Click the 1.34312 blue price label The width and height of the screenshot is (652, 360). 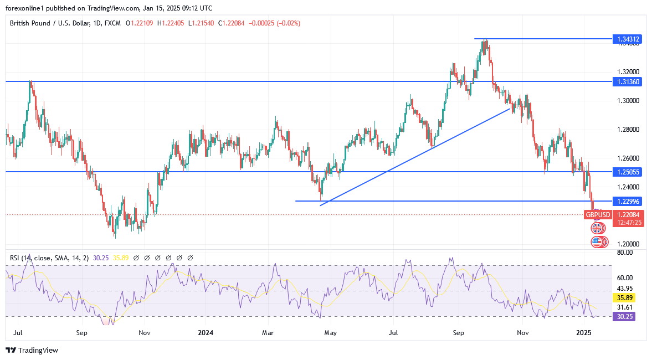628,39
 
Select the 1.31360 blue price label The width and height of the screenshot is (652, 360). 628,81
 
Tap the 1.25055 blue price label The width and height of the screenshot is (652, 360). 628,172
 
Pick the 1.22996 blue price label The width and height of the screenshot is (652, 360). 628,201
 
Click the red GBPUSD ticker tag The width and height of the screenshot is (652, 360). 598,215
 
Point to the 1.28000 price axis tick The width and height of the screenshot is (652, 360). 628,130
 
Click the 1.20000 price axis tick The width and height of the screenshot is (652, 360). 628,244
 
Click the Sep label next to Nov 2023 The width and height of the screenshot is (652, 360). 82,333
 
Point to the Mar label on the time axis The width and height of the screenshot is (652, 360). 268,333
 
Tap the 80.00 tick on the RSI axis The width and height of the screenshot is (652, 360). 625,253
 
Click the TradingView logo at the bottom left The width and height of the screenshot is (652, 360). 32,350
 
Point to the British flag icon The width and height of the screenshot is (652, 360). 597,228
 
